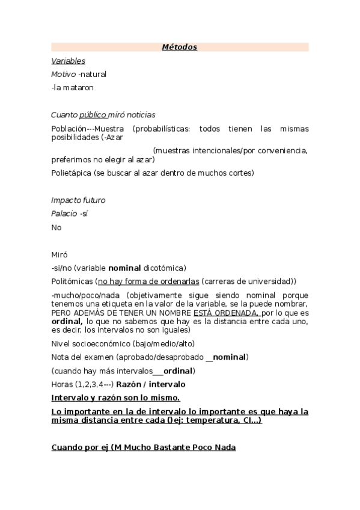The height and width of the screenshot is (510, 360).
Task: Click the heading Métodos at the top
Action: click(x=180, y=48)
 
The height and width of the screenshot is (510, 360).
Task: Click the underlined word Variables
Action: click(x=68, y=61)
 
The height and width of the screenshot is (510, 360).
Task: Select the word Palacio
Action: click(x=64, y=214)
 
